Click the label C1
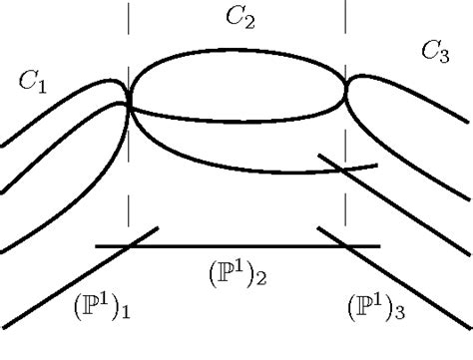pyautogui.click(x=34, y=83)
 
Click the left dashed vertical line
pyautogui.click(x=130, y=199)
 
